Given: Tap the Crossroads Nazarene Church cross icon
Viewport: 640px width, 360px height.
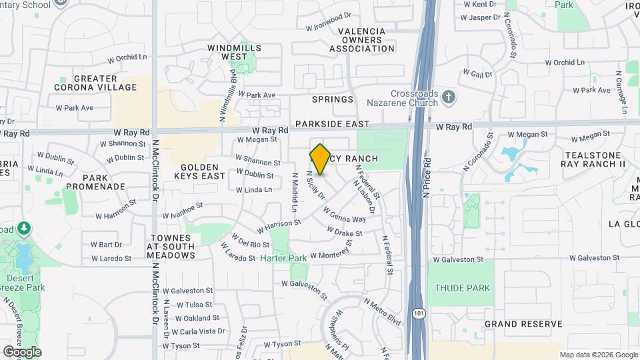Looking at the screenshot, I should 449,97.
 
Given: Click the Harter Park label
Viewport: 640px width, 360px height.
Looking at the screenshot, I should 283,257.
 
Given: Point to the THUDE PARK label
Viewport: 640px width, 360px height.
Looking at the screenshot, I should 462,288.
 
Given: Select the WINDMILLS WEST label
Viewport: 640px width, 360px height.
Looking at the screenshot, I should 234,53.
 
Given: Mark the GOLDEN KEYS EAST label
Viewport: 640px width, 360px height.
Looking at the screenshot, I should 199,171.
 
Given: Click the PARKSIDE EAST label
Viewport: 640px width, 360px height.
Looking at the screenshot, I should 332,124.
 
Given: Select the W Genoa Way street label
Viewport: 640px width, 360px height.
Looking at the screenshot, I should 345,215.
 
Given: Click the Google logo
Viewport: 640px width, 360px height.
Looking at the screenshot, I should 22,351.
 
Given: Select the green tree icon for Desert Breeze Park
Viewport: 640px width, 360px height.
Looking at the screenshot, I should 25,229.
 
